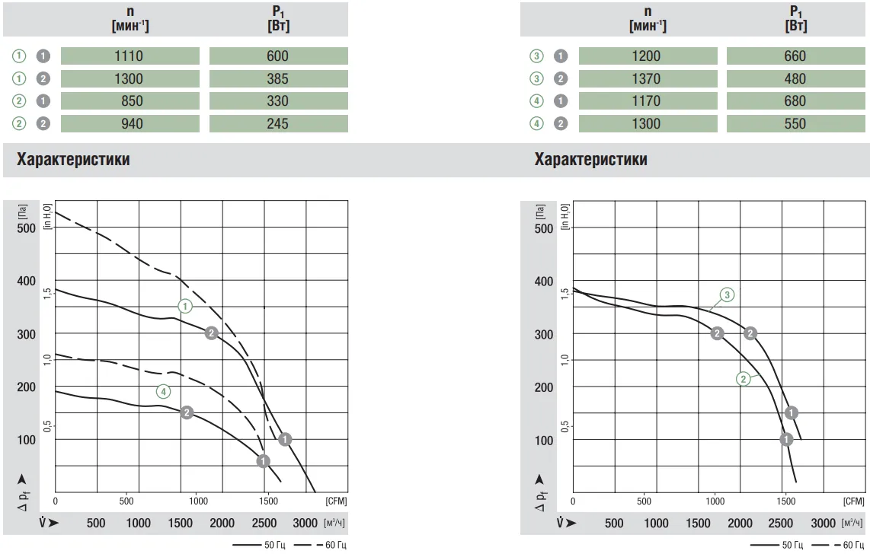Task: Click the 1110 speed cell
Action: click(130, 56)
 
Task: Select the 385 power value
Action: click(278, 78)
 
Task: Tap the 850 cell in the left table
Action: click(130, 101)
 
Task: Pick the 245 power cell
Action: click(278, 123)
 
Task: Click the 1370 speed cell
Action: click(647, 78)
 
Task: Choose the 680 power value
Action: click(795, 101)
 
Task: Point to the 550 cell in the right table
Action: click(795, 123)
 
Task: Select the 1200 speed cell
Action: click(647, 56)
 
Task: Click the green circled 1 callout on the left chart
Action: click(185, 306)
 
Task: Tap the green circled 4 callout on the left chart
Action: click(163, 391)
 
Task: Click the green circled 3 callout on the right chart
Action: click(728, 294)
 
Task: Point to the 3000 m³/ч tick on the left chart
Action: click(305, 523)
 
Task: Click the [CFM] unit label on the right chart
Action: click(854, 501)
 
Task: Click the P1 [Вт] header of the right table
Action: click(795, 18)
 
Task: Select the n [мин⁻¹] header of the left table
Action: click(130, 18)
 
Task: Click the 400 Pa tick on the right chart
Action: click(543, 282)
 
